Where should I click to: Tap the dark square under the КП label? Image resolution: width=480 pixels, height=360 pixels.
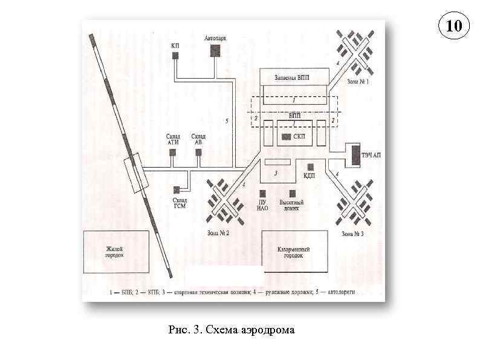pyautogui.click(x=175, y=56)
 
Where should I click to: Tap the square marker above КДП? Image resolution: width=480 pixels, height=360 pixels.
pyautogui.click(x=311, y=166)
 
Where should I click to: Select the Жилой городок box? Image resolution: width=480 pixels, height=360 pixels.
pyautogui.click(x=115, y=252)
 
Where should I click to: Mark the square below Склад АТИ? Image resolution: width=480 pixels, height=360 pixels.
pyautogui.click(x=172, y=152)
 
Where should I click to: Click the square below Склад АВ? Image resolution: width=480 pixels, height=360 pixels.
pyautogui.click(x=199, y=152)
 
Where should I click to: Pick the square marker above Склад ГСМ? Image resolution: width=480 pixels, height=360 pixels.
pyautogui.click(x=177, y=189)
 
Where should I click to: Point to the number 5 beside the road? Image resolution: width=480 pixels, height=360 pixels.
pyautogui.click(x=227, y=120)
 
